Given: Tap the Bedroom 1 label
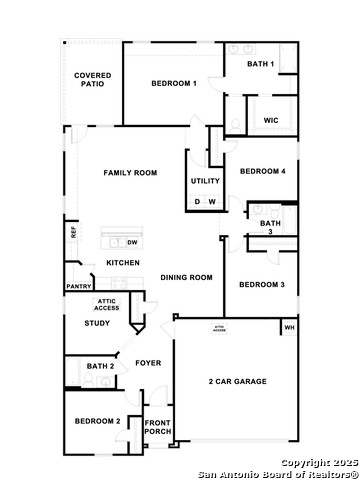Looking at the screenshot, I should click(x=173, y=83).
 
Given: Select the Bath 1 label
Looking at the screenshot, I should click(x=261, y=65).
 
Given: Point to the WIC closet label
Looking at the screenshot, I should click(x=270, y=120).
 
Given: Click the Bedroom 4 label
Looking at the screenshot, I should click(x=263, y=171).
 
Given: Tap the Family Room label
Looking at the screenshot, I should click(x=130, y=173).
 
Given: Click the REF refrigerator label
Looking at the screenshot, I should click(x=73, y=232).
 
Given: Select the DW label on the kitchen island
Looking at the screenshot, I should click(x=131, y=242).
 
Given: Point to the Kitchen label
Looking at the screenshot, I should click(x=123, y=263).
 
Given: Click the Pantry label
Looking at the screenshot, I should click(x=79, y=286).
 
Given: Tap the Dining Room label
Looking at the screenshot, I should click(x=187, y=277).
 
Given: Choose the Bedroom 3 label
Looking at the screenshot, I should click(x=262, y=285).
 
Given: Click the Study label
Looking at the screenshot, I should click(x=97, y=323).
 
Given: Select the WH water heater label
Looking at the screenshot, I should click(x=289, y=327).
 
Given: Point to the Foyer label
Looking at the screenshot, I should click(x=148, y=363).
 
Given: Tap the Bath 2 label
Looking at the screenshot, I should click(x=101, y=367).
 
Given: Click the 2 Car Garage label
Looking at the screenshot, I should click(x=238, y=382).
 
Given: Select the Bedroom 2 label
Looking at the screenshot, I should click(x=97, y=421).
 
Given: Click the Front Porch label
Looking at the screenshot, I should click(x=158, y=427).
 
